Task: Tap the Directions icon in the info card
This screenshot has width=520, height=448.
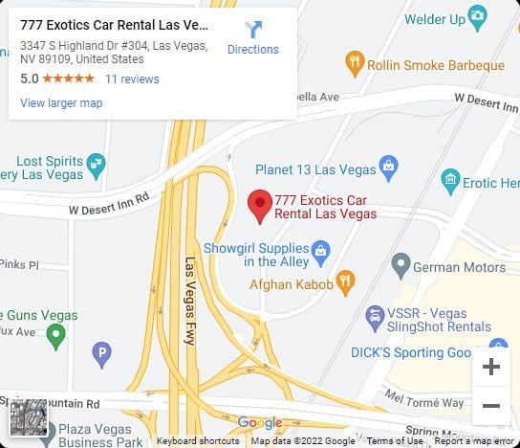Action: tap(253, 30)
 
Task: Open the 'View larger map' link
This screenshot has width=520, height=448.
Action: tap(61, 103)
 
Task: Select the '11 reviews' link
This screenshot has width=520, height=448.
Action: tap(132, 78)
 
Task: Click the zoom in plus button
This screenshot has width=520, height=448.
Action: tap(491, 367)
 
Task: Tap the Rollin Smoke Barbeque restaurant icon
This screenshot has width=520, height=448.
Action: tap(356, 64)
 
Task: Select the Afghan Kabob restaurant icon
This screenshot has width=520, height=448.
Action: tap(346, 281)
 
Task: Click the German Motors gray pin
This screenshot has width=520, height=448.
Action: tap(401, 264)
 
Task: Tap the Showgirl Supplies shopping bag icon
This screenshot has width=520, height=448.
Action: tap(321, 254)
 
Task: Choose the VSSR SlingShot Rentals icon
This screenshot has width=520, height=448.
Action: tap(375, 314)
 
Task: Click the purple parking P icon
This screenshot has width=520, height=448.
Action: tap(101, 356)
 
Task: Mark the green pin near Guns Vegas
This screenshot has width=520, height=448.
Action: tap(56, 335)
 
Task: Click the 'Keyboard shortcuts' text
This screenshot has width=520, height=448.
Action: tap(198, 441)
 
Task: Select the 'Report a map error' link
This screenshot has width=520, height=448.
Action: tap(475, 441)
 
